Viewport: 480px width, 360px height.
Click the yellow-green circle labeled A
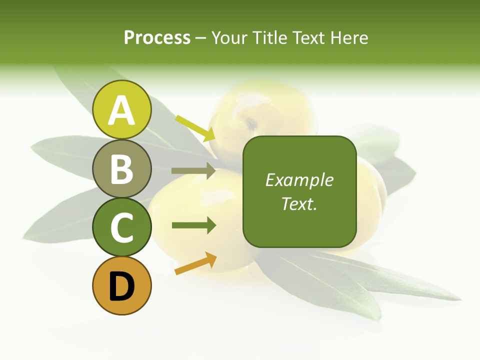coord(121,109)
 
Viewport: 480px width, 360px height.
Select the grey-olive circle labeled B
coord(121,168)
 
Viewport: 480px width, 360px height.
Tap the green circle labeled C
coord(121,227)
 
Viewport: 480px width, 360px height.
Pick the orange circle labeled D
coord(121,285)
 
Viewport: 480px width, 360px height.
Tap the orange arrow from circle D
coord(195,263)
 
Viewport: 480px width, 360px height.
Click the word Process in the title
coord(157,38)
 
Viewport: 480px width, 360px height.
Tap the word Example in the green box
coord(299,180)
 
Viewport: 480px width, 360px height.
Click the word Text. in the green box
coord(299,203)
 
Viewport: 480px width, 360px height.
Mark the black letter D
coord(121,286)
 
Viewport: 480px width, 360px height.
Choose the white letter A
coord(121,110)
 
